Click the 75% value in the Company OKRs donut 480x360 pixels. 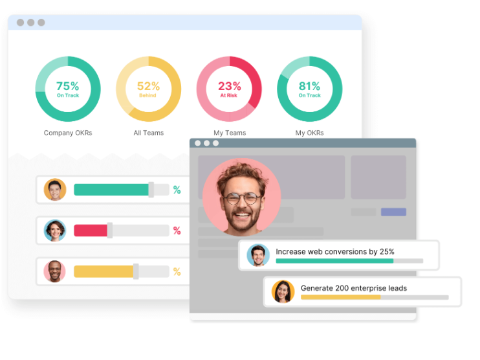(67, 86)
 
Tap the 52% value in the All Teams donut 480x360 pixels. (148, 86)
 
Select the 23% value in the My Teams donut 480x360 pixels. (229, 86)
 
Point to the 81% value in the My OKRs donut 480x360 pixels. (309, 86)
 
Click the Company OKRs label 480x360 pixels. (68, 133)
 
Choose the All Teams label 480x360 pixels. (149, 133)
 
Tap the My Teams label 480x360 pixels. (230, 133)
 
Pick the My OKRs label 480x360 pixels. (309, 133)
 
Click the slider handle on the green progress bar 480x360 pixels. (151, 190)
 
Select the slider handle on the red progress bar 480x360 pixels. (110, 231)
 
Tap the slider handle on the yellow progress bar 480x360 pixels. (136, 271)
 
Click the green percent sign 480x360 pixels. (177, 190)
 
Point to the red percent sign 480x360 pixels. (177, 231)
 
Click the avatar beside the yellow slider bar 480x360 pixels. (55, 271)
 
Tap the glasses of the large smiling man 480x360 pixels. (243, 198)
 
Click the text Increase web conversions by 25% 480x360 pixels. (334, 251)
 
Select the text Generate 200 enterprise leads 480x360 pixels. (354, 288)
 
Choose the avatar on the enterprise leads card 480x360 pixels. (283, 291)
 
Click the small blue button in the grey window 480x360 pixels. (393, 212)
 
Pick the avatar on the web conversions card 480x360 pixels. (258, 255)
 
